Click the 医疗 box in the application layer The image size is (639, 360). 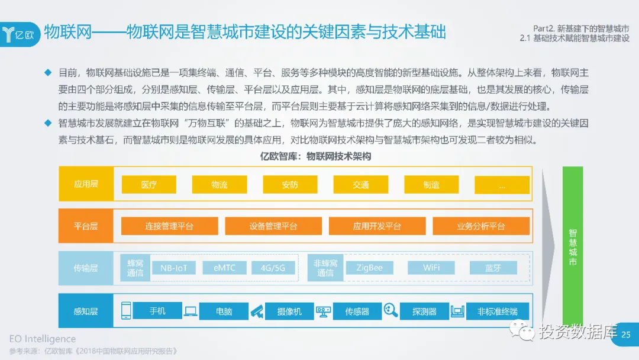point(149,185)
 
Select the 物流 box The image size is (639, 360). point(219,185)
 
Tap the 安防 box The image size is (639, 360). point(290,185)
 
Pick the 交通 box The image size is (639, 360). point(360,185)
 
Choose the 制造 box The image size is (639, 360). point(431,185)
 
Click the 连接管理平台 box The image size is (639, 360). point(169,226)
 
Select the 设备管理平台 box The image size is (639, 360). point(273,226)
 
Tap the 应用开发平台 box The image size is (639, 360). point(377,226)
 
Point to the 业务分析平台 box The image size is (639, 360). point(481,226)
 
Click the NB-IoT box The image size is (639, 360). point(174,268)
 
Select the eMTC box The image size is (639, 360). point(224,268)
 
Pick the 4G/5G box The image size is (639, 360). point(273,268)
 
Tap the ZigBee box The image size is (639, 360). point(369,268)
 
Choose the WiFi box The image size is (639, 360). point(431,268)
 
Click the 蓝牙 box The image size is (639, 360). point(493,268)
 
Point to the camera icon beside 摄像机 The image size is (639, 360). point(256,311)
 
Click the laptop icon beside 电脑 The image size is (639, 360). point(191,311)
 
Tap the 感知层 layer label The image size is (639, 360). point(86,311)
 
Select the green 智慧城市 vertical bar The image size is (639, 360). point(573,246)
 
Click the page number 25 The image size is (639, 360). point(625,335)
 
